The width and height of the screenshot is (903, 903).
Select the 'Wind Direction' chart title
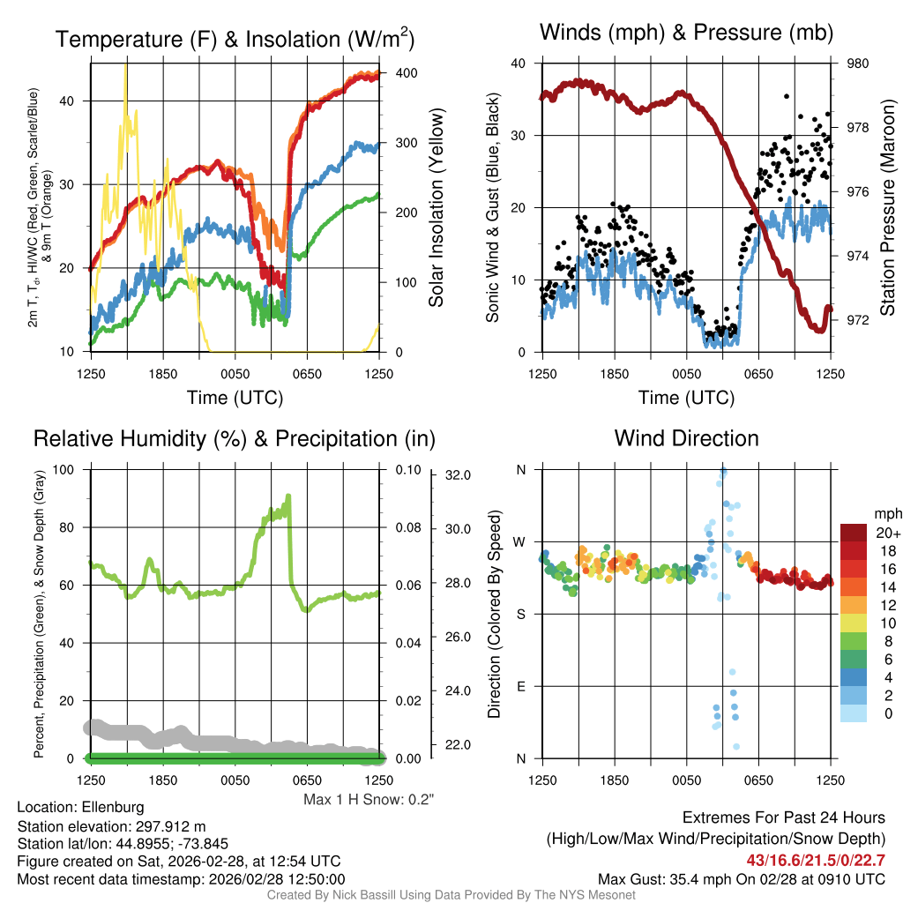pos(686,437)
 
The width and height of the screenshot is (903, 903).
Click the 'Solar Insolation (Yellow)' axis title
pos(436,207)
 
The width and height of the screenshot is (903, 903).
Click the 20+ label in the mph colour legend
pos(887,533)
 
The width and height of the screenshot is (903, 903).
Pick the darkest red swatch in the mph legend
pos(855,533)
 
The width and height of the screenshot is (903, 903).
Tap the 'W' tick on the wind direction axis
pos(519,541)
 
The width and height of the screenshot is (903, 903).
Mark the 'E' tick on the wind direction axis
pos(520,686)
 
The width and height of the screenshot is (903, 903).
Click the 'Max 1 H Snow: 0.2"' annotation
pos(369,800)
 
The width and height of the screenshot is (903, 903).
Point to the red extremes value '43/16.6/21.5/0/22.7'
pos(815,860)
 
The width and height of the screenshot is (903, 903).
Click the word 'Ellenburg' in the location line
pos(113,807)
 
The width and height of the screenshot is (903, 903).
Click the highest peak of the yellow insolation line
pos(126,63)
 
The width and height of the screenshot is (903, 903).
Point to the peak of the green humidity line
pos(287,496)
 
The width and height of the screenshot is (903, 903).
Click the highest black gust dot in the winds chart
pos(786,96)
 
